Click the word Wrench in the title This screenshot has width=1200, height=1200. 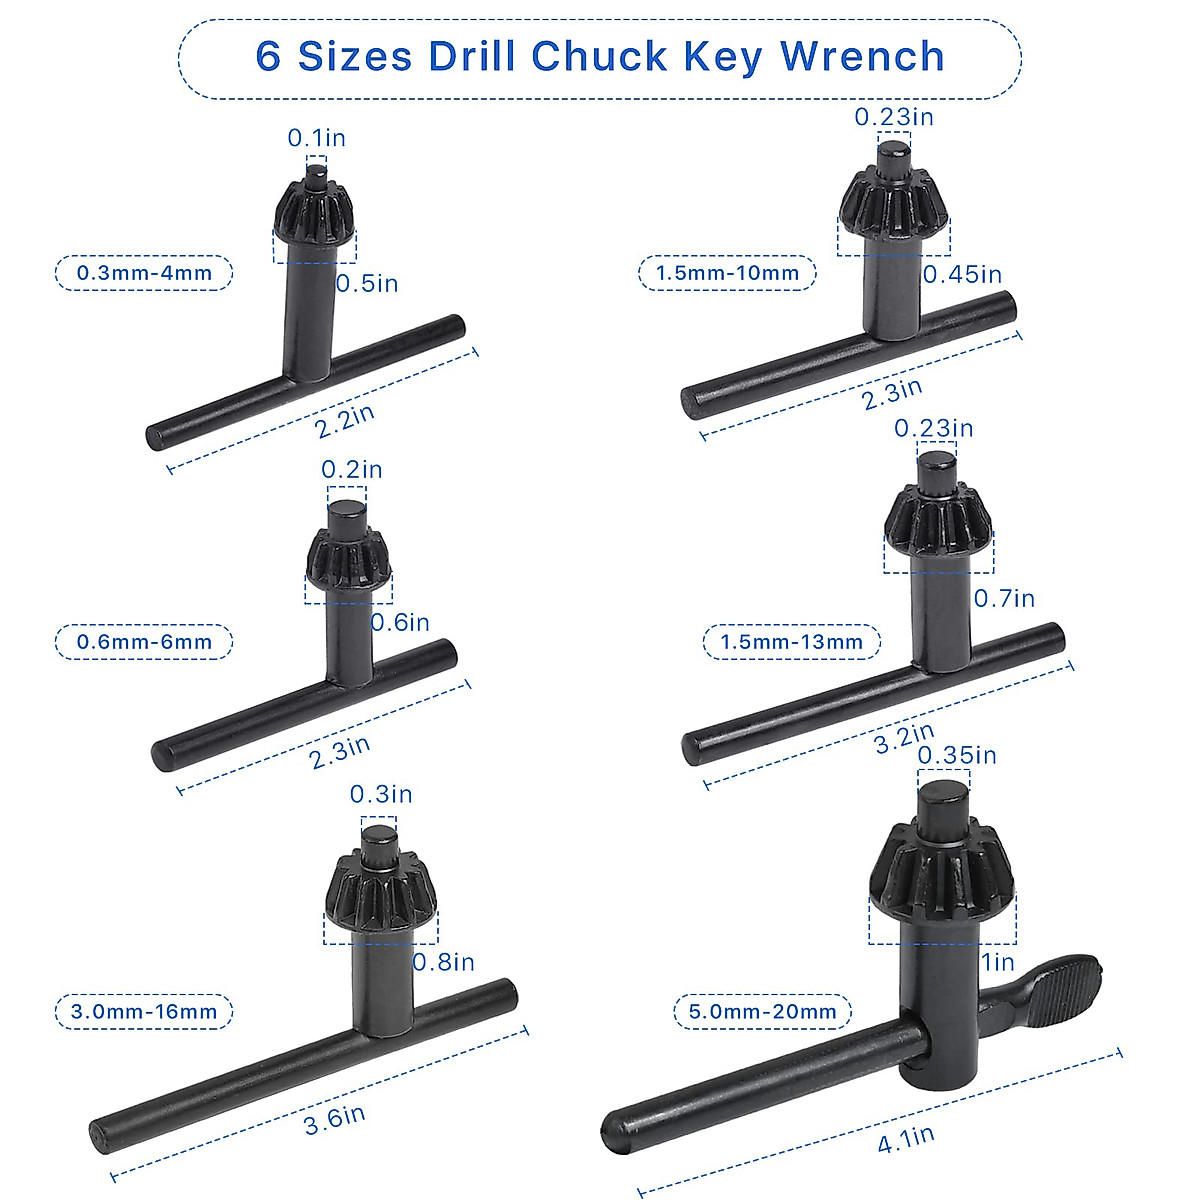coord(862,56)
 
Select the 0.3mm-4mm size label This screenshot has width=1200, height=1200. coord(144,273)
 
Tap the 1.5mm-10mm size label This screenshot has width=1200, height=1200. coord(727,273)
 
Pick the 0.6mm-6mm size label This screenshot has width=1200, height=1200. coord(144,642)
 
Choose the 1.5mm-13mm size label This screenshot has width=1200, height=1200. coord(791,642)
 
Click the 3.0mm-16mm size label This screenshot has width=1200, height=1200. coord(144,1012)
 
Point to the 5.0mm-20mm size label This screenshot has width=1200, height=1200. coord(762,1012)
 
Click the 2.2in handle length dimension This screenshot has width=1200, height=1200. coord(345,421)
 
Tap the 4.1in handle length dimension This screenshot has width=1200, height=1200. coord(906,1139)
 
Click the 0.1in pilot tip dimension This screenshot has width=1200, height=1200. coord(316,138)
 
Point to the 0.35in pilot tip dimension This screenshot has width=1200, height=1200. coord(957,755)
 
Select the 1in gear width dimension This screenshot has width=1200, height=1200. coord(998,963)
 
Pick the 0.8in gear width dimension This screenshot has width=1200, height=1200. coord(444,962)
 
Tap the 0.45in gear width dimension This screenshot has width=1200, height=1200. coord(962,274)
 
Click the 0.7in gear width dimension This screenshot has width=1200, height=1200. coord(1004,598)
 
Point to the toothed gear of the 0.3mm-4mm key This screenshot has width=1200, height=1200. coord(313,212)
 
